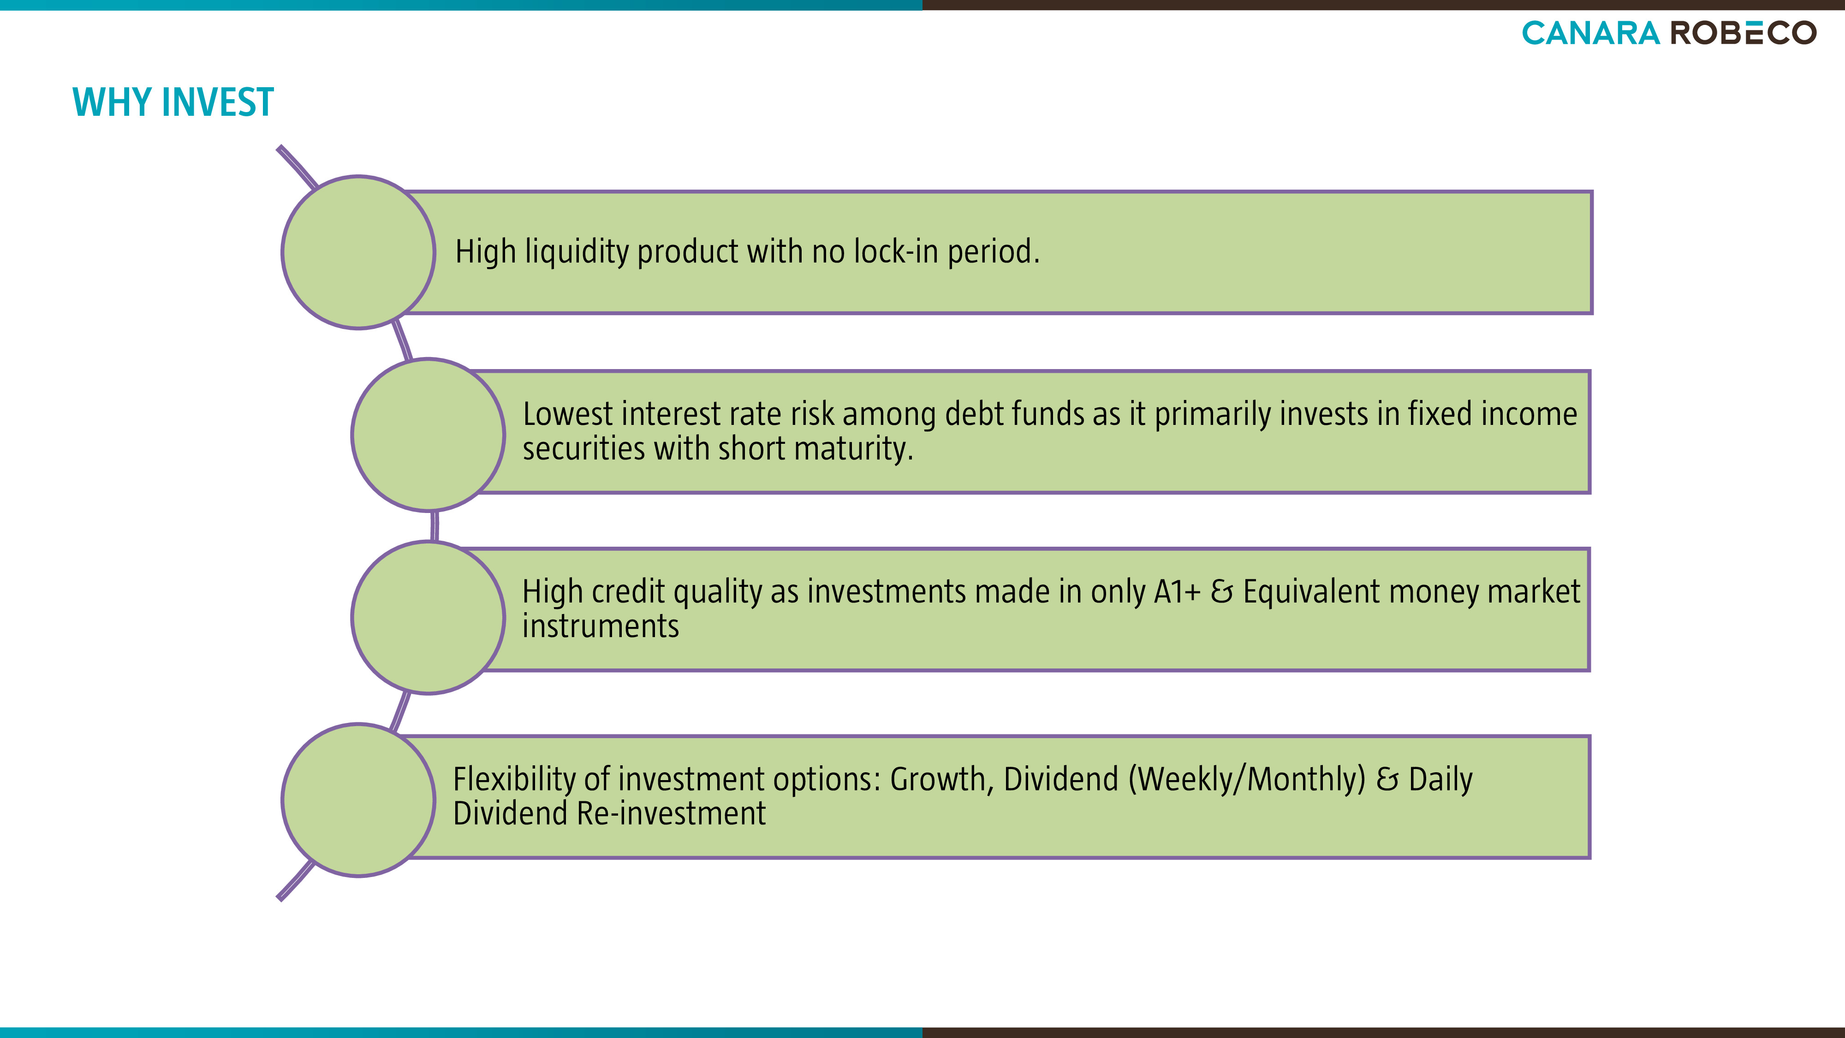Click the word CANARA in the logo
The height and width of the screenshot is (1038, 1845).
[1591, 33]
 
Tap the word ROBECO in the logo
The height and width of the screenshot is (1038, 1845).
[1744, 33]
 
